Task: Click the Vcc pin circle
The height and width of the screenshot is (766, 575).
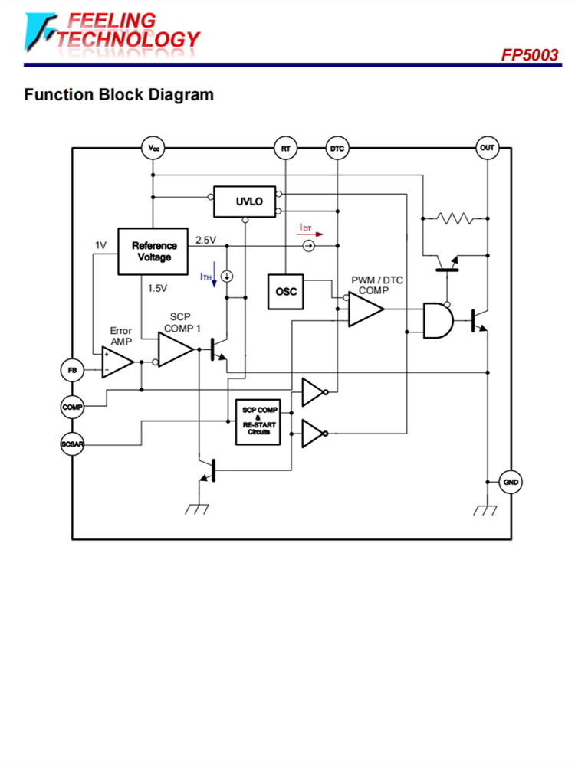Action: point(154,148)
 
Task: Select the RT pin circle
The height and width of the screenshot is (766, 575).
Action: point(285,148)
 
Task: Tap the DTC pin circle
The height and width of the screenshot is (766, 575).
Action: point(337,148)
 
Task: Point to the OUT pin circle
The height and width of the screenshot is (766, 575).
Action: point(487,147)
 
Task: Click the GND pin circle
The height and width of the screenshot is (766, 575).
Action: point(511,483)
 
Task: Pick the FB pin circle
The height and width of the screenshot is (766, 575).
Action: point(72,370)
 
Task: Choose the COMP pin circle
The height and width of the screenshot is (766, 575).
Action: point(72,408)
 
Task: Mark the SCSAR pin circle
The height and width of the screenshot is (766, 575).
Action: point(72,444)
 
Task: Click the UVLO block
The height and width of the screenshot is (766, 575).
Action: point(245,201)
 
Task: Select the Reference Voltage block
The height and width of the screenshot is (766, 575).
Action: point(153,251)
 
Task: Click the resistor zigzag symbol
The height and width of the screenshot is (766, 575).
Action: point(455,218)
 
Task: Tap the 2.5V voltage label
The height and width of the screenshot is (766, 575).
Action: point(206,240)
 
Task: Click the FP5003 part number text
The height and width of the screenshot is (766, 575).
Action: point(530,55)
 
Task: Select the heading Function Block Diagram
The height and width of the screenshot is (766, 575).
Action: point(119,95)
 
